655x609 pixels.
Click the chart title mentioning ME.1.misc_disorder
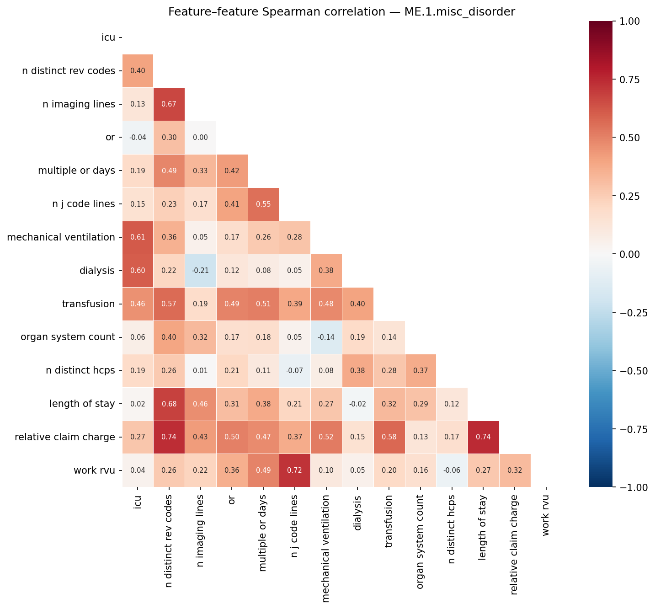[x=341, y=12]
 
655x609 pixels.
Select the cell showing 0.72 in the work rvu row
[x=295, y=470]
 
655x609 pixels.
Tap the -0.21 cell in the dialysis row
[x=200, y=271]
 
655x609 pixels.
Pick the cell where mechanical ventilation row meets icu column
[x=138, y=237]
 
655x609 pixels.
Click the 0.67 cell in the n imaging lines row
[x=169, y=104]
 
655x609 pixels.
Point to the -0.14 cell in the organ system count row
[x=326, y=337]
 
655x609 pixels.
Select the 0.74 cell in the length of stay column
[x=484, y=437]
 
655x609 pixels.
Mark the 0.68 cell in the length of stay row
[x=169, y=404]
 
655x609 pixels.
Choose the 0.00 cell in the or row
[x=200, y=138]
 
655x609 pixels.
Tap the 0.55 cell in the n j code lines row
[x=263, y=204]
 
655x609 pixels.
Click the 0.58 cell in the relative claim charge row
[x=389, y=437]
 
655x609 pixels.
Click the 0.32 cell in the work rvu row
[x=515, y=470]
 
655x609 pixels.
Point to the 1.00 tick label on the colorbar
[x=630, y=21]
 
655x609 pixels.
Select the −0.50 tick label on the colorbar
[x=632, y=371]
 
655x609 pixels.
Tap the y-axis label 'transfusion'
[x=88, y=304]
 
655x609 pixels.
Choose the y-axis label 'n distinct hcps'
[x=80, y=371]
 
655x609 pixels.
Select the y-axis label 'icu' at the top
[x=108, y=37]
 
